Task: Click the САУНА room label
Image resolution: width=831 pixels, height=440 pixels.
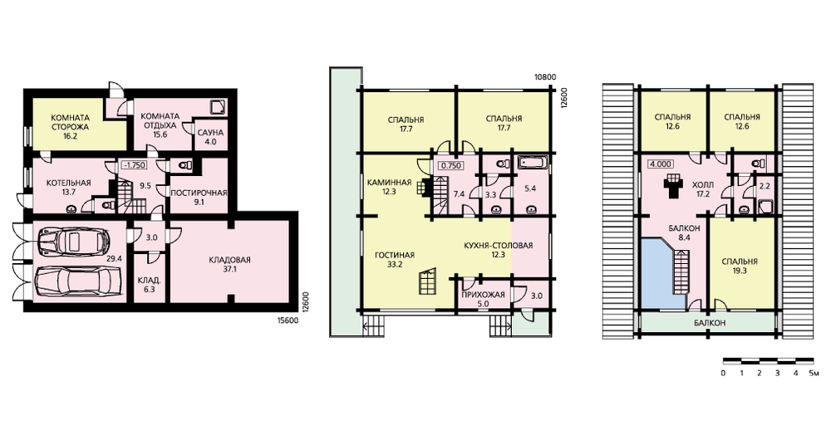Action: (x=210, y=132)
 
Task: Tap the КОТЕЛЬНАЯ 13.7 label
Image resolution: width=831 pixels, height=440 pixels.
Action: (x=68, y=188)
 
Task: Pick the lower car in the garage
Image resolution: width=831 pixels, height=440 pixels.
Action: (x=79, y=282)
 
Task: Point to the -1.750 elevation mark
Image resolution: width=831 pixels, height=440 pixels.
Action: (x=134, y=164)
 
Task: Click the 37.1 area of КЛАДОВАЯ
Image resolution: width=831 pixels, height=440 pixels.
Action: (x=229, y=269)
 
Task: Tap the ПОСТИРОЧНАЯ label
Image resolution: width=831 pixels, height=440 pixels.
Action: (x=199, y=193)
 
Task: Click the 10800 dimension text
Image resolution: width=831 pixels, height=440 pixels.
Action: (x=545, y=76)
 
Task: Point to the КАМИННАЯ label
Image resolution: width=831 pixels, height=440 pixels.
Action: (x=389, y=183)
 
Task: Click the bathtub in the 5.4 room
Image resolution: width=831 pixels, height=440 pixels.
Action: (x=534, y=162)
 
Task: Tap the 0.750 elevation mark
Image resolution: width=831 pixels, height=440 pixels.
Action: (x=451, y=165)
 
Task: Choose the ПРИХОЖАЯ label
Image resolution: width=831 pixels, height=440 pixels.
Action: (x=484, y=295)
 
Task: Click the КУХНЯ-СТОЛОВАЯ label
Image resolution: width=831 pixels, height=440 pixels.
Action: (x=498, y=246)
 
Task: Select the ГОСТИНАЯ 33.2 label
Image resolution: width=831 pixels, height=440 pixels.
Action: (x=395, y=260)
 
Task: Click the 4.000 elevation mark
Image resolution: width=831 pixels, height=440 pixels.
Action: (x=661, y=164)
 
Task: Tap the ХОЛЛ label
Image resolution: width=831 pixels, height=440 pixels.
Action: (x=703, y=185)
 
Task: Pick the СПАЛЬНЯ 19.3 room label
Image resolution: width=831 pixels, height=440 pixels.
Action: (x=740, y=266)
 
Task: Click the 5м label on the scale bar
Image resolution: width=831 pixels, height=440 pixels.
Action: (x=813, y=374)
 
